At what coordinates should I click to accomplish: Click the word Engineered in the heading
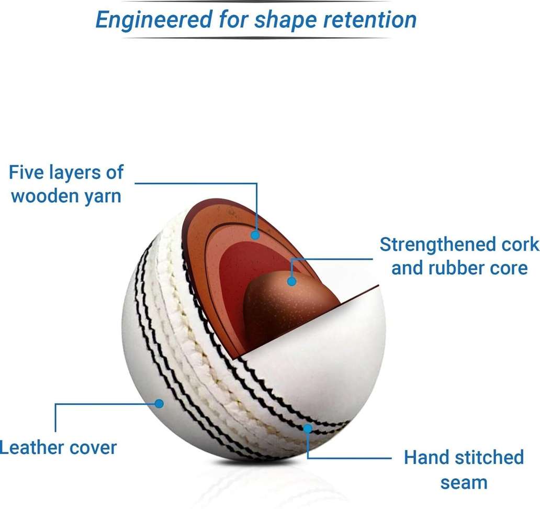click(x=154, y=20)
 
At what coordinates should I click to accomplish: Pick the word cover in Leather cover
click(x=93, y=448)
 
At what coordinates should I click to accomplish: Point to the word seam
click(x=464, y=483)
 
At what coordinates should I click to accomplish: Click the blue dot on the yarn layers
click(x=255, y=235)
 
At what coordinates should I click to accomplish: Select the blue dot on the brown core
click(x=291, y=281)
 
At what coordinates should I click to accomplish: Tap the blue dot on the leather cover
click(x=159, y=404)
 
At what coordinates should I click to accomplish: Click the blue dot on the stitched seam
click(x=308, y=428)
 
